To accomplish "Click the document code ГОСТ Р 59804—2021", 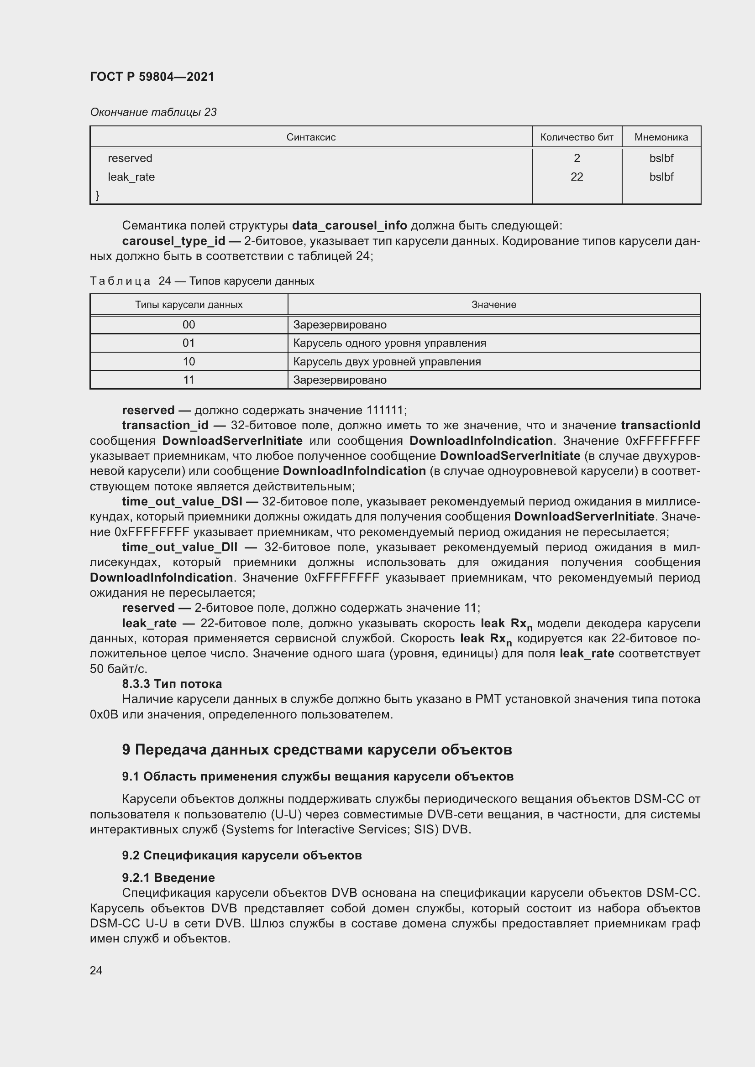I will click(152, 77).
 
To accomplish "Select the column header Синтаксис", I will click(310, 137).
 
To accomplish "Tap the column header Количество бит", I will click(577, 137).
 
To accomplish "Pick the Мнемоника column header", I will click(661, 137).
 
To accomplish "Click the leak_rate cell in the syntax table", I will click(131, 177).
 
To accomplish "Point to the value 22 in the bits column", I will click(577, 177).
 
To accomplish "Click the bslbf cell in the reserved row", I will click(661, 158).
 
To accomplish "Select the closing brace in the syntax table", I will click(97, 195).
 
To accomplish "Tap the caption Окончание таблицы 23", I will click(153, 112).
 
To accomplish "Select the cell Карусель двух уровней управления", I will click(387, 362).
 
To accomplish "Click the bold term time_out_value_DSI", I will click(182, 501).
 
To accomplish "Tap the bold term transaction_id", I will click(165, 425).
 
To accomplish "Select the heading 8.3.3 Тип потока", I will click(172, 684).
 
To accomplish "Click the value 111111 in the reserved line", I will click(385, 411).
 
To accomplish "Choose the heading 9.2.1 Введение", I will click(168, 877).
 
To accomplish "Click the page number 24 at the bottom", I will click(96, 970).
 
